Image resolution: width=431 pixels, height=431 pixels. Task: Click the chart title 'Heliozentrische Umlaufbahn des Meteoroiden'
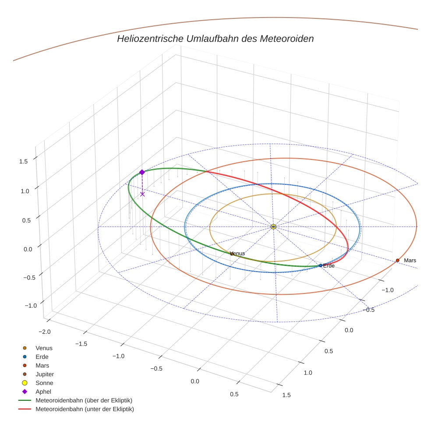[215, 39]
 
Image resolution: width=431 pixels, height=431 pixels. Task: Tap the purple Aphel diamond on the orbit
[142, 173]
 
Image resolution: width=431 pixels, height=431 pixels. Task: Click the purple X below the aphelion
[142, 194]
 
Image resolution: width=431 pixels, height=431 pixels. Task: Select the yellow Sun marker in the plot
[273, 226]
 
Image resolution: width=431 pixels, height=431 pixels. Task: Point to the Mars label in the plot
[410, 261]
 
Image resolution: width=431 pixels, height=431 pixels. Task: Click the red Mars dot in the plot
[398, 261]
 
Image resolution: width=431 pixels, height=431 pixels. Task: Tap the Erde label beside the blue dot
[329, 266]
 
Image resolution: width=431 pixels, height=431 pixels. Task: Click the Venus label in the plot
[237, 253]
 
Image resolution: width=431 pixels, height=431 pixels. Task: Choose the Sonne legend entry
[44, 383]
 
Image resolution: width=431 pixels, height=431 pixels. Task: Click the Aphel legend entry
[43, 392]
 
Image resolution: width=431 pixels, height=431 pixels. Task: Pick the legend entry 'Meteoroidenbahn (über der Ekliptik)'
[84, 400]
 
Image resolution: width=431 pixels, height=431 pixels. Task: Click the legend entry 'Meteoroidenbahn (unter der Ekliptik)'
[85, 409]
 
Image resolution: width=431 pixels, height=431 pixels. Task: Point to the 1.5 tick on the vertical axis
[24, 161]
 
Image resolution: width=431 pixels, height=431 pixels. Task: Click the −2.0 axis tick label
[45, 332]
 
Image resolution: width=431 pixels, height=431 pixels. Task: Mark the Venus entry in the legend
[44, 348]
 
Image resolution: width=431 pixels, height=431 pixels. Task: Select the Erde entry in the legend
[42, 357]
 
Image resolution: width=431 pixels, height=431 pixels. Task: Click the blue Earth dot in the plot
[321, 265]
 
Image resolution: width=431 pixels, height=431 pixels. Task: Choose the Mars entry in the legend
[42, 365]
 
